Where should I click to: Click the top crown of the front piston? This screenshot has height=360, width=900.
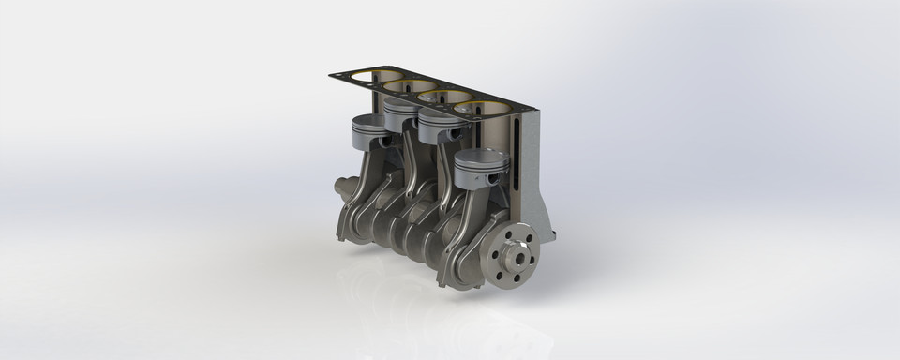480,157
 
